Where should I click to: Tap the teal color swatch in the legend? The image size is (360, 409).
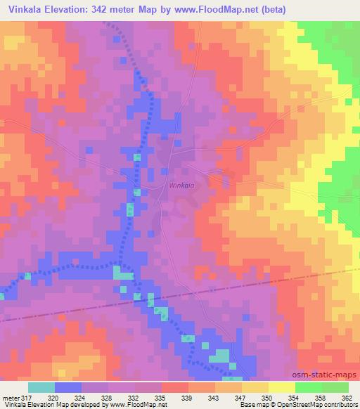point(41,387)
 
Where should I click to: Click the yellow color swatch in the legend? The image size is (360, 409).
point(255,387)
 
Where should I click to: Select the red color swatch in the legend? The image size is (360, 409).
point(175,387)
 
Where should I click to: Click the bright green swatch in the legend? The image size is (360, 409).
point(309,387)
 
